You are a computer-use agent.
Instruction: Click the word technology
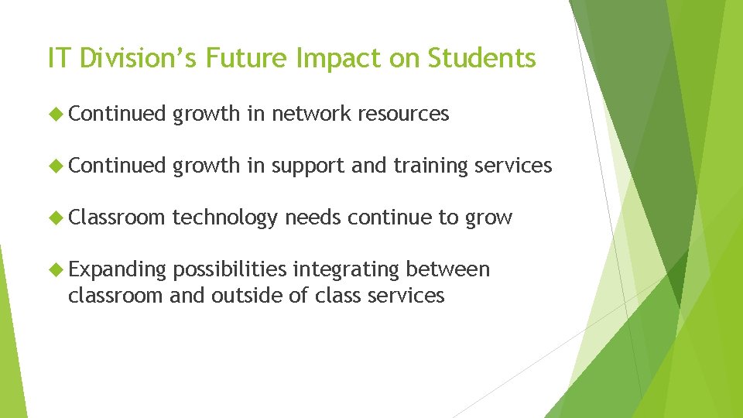tap(224, 218)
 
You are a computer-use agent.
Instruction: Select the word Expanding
tap(117, 269)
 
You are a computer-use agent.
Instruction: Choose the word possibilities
tap(230, 269)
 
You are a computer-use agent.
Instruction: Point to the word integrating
tap(346, 269)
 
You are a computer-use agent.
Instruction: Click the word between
tap(448, 269)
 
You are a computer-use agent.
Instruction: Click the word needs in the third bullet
tap(313, 218)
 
